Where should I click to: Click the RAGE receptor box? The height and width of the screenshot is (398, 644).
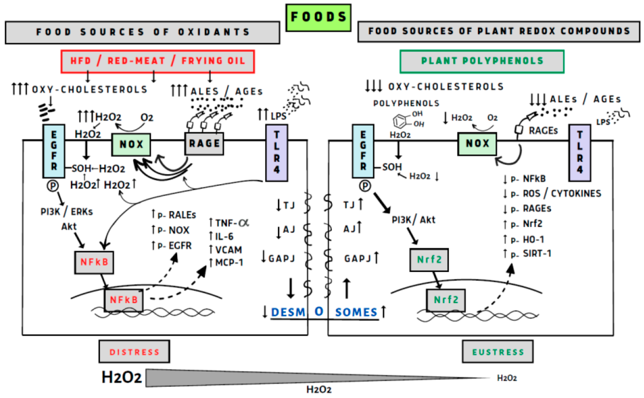204,143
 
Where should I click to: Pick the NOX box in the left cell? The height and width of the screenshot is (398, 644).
131,144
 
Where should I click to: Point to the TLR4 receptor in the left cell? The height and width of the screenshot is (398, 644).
276,153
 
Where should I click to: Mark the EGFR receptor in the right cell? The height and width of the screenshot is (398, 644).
363,151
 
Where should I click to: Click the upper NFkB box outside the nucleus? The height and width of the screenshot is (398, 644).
94,262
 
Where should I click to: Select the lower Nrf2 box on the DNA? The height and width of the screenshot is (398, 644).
446,300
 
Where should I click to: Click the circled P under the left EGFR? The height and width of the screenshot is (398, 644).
53,186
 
